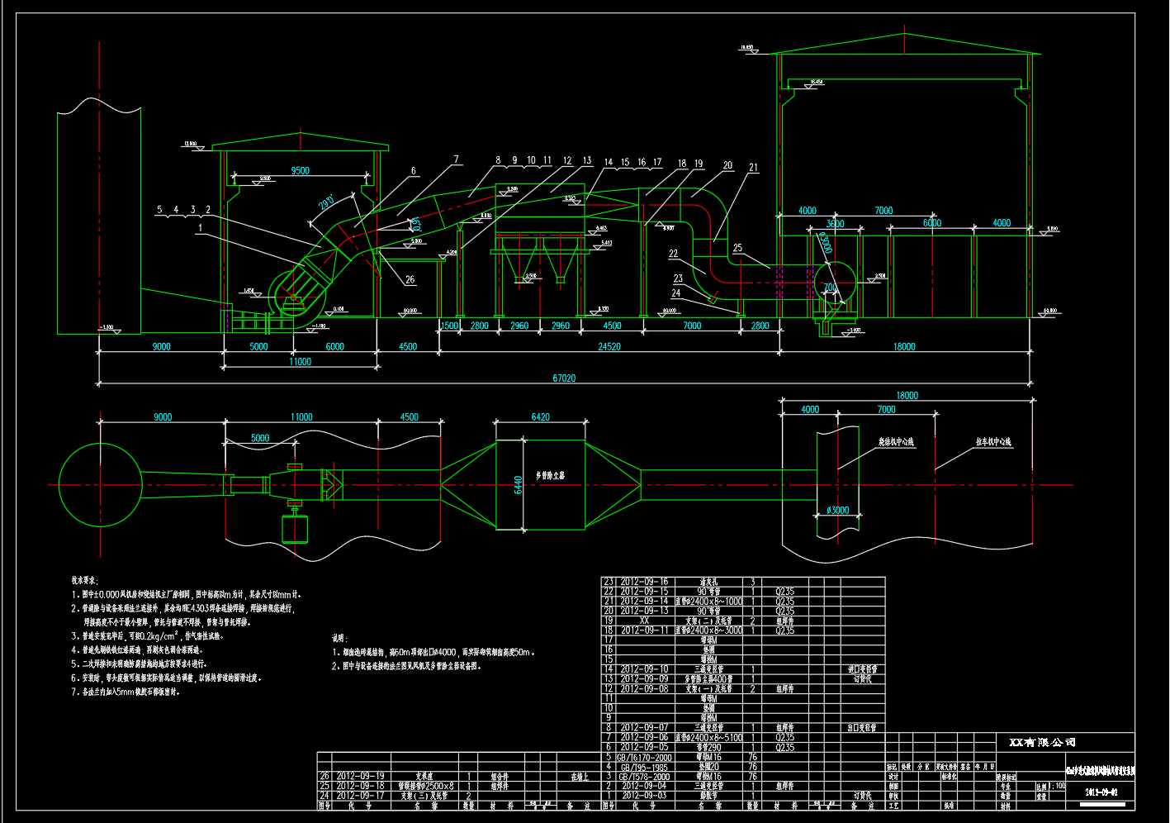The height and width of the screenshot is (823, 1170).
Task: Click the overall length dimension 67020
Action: [x=564, y=378]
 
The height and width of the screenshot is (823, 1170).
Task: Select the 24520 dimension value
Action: [x=609, y=347]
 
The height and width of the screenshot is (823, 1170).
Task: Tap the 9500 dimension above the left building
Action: [x=301, y=171]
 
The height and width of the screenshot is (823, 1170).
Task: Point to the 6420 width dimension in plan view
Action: [x=540, y=417]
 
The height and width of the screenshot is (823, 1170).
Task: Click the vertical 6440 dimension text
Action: [x=518, y=484]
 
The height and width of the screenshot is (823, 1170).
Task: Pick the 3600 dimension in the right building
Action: [x=835, y=223]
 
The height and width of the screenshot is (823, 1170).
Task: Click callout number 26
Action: [x=410, y=280]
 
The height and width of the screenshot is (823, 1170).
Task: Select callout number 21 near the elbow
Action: [x=753, y=167]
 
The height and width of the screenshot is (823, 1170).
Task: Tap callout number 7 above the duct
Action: [x=455, y=159]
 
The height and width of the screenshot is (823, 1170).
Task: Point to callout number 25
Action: [x=737, y=248]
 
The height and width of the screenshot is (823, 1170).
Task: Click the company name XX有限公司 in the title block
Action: [x=1042, y=743]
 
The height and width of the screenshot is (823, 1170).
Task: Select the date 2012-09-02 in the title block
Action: [x=1103, y=792]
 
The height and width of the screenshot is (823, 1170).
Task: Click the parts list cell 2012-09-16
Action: [x=644, y=582]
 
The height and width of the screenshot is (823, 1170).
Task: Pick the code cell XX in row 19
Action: [x=644, y=621]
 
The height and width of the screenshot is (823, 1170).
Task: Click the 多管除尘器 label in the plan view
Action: [x=550, y=475]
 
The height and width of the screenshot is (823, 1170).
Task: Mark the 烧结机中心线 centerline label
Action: [x=897, y=442]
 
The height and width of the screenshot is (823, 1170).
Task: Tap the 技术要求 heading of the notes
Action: [x=84, y=581]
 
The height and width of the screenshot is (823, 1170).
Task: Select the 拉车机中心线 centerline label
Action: [x=993, y=442]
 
